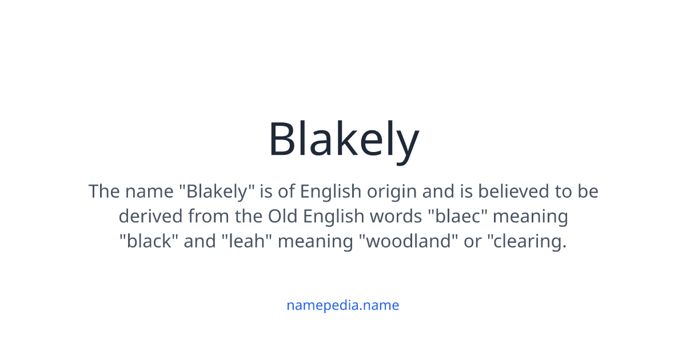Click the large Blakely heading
click(343, 139)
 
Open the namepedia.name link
click(342, 305)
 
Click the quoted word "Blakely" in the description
click(217, 191)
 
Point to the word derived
click(150, 216)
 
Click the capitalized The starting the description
click(103, 191)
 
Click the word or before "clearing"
click(473, 241)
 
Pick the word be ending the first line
click(588, 191)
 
